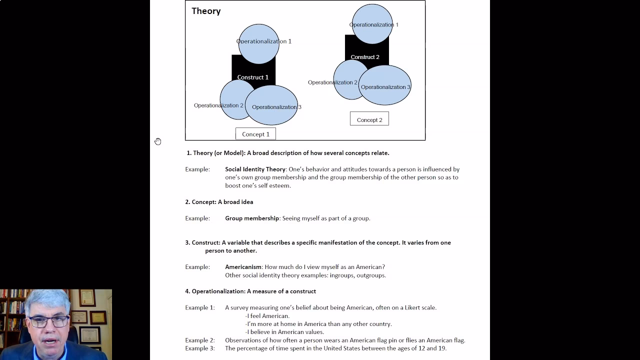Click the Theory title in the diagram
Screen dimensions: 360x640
[x=206, y=11]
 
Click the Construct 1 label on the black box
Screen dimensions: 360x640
[x=252, y=77]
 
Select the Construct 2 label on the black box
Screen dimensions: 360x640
[x=364, y=57]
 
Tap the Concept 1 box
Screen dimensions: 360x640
[x=255, y=134]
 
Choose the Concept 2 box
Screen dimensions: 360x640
[x=369, y=119]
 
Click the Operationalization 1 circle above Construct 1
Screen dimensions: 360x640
[x=258, y=43]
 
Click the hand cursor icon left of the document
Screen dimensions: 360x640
[x=157, y=141]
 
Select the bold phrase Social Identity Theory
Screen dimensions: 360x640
[x=255, y=169]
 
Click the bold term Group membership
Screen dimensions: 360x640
[x=252, y=218]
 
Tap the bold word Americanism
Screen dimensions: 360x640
[x=243, y=267]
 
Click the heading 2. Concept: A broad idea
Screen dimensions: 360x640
[x=219, y=202]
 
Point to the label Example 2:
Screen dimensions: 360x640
[x=199, y=340]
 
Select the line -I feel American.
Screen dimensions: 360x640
[x=267, y=316]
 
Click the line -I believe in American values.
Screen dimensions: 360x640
[x=284, y=332]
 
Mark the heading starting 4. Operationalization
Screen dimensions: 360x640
[x=250, y=291]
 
